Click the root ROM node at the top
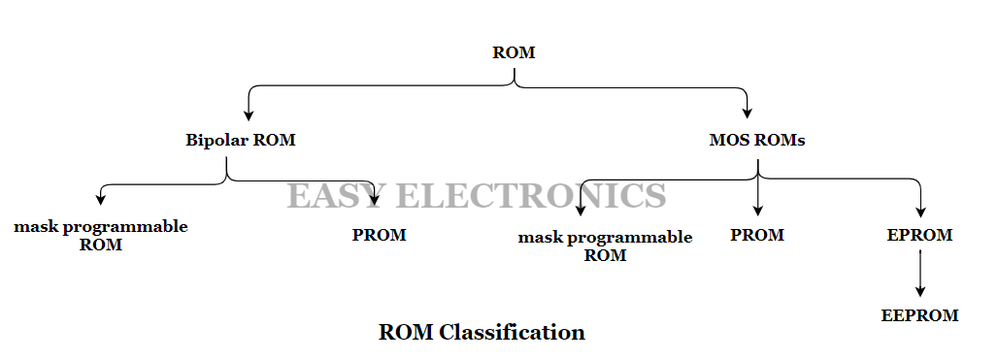point(514,52)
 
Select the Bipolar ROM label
point(240,140)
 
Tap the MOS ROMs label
point(757,140)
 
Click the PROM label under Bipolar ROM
point(379,235)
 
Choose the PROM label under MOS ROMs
point(757,235)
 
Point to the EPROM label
point(919,235)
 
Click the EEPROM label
point(919,315)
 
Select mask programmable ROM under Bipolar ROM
point(101,236)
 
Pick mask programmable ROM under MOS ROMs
point(605,246)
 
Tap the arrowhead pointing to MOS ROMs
point(748,113)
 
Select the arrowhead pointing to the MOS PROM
point(757,211)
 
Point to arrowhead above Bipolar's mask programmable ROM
point(100,199)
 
